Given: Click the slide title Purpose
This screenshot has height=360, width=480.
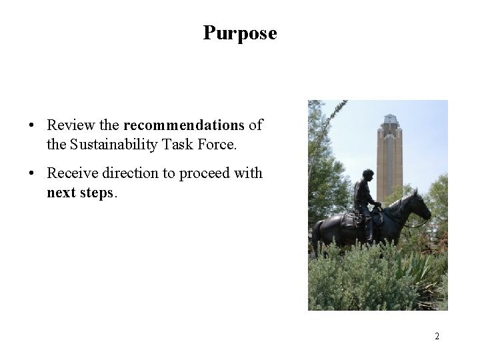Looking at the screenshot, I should (240, 33).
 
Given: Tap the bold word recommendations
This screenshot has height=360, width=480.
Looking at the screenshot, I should (184, 125).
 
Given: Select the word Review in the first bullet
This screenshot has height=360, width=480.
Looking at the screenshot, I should (69, 125).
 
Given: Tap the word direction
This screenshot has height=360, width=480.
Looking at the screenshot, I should (127, 174).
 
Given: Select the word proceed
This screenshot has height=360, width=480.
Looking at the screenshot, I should (202, 174).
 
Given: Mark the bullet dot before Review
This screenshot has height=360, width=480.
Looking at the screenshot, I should (31, 125).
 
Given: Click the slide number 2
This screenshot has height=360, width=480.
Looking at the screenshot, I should (437, 336).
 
